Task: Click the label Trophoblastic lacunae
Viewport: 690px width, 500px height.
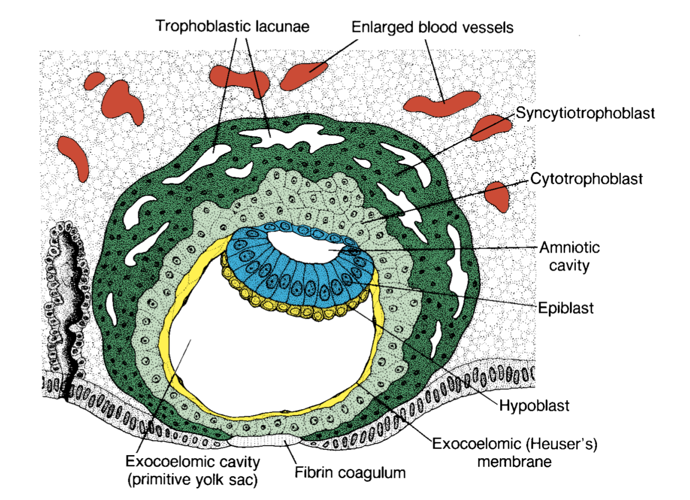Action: coord(232,26)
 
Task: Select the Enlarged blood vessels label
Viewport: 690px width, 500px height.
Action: coord(432,27)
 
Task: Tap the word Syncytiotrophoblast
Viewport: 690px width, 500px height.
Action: coord(585,113)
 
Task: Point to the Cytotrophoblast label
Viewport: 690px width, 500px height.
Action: coord(586,179)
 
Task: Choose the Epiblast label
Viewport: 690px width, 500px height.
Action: coord(566,308)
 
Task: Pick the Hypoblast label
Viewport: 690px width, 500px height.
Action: coord(534,406)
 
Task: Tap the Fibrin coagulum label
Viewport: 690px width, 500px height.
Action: coord(350,473)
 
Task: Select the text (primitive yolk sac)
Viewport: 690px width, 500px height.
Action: coord(192,479)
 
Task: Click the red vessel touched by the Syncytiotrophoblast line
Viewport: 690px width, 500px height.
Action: coord(490,127)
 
